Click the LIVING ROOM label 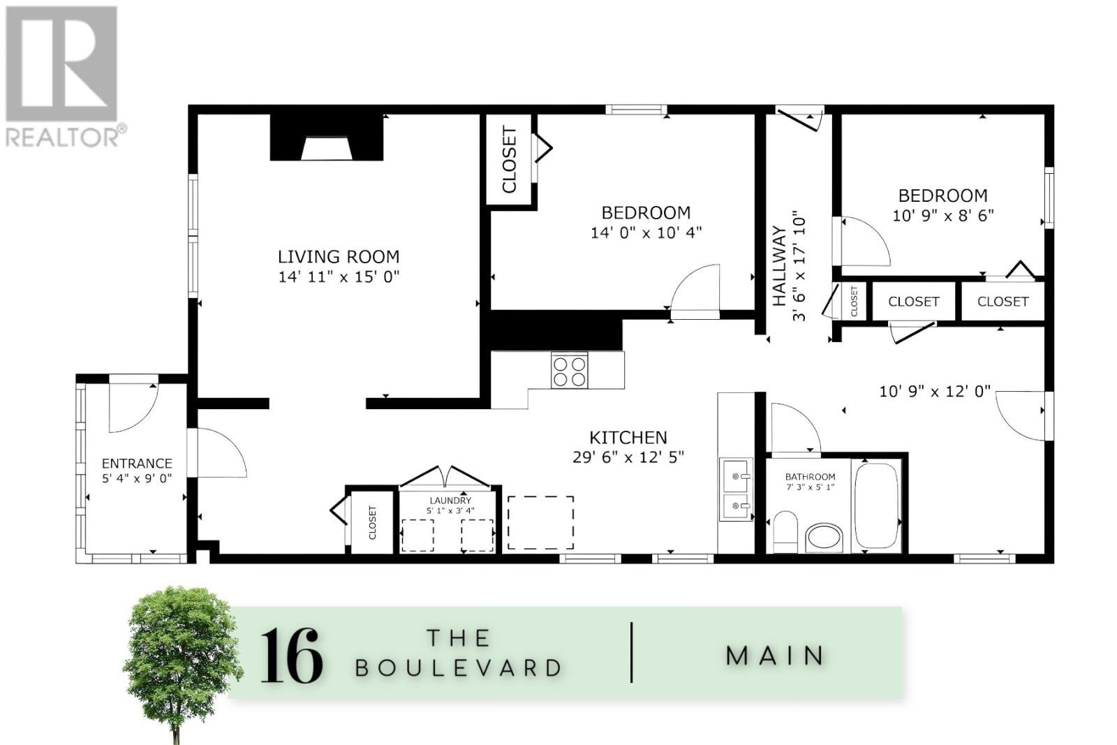click(339, 257)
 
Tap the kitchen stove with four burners click(570, 370)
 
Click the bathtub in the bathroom click(876, 506)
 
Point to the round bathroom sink click(824, 538)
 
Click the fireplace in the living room click(327, 137)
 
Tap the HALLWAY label click(779, 266)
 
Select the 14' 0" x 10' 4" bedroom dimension click(646, 233)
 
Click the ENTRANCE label click(137, 463)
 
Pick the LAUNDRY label click(450, 500)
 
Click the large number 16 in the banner click(291, 655)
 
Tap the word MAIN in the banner click(774, 655)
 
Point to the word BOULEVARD click(458, 668)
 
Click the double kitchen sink click(736, 489)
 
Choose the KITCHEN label click(628, 438)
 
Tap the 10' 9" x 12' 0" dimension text click(935, 392)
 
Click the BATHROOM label click(811, 477)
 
